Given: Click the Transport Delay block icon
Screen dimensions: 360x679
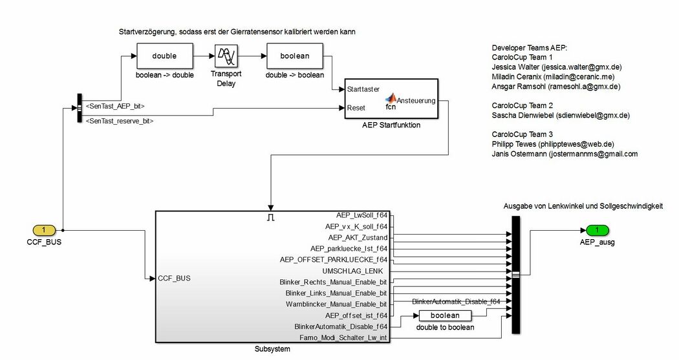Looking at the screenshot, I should tap(226, 56).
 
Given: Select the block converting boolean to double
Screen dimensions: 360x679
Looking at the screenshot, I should tap(164, 56).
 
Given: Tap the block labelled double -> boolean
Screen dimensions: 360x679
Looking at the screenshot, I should tap(295, 56).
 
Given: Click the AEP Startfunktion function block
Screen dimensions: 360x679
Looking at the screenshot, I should tap(392, 100).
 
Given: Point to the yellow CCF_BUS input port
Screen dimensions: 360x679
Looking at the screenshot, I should tap(44, 229).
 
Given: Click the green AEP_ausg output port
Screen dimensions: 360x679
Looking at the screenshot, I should tap(598, 229).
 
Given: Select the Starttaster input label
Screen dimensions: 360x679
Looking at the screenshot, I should tap(363, 89).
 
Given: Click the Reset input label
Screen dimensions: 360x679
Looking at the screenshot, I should tap(356, 108).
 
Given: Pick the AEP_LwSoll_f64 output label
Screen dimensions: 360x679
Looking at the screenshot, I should tap(361, 215).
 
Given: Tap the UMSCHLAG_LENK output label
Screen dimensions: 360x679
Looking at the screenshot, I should tap(352, 270).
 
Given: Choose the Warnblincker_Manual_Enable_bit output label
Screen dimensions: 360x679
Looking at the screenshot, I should tap(336, 304).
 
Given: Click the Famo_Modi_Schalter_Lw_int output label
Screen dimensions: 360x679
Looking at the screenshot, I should tap(343, 337).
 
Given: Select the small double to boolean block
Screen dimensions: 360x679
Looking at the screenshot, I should tap(445, 315).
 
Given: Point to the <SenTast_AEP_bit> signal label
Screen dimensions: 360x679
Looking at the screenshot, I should tap(115, 105).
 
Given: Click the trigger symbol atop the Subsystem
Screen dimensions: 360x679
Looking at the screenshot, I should tap(271, 218).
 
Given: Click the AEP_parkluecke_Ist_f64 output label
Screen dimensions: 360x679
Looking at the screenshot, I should tap(349, 248).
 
